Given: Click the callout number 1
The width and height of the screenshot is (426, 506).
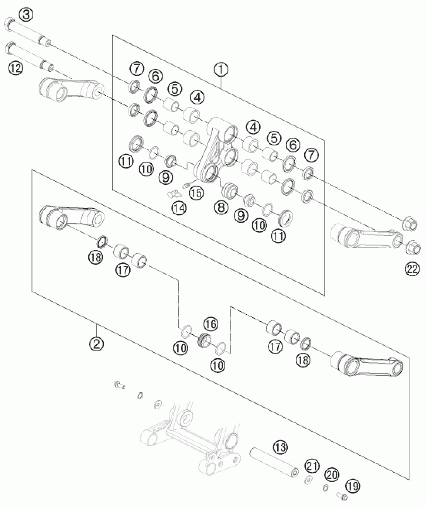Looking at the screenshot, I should click(221, 70).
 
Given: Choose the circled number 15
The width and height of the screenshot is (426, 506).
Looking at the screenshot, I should click(196, 193).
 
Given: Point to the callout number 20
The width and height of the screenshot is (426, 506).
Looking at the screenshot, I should click(332, 475).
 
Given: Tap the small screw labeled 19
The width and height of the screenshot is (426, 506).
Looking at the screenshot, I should click(342, 496).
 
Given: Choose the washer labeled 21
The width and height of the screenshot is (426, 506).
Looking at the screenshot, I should click(309, 479).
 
